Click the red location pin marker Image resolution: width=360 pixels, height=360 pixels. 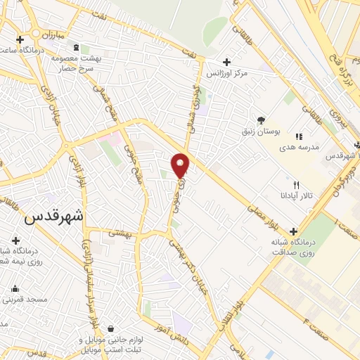point(180,165)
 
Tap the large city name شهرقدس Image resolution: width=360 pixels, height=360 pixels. point(53,217)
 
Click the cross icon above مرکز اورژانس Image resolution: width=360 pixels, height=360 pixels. point(225,61)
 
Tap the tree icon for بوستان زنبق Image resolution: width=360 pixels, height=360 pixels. point(262,120)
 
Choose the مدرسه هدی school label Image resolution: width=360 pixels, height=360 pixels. point(300,148)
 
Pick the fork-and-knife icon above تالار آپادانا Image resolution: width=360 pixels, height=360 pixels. point(296,184)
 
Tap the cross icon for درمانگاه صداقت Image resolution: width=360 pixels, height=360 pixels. point(293,231)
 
